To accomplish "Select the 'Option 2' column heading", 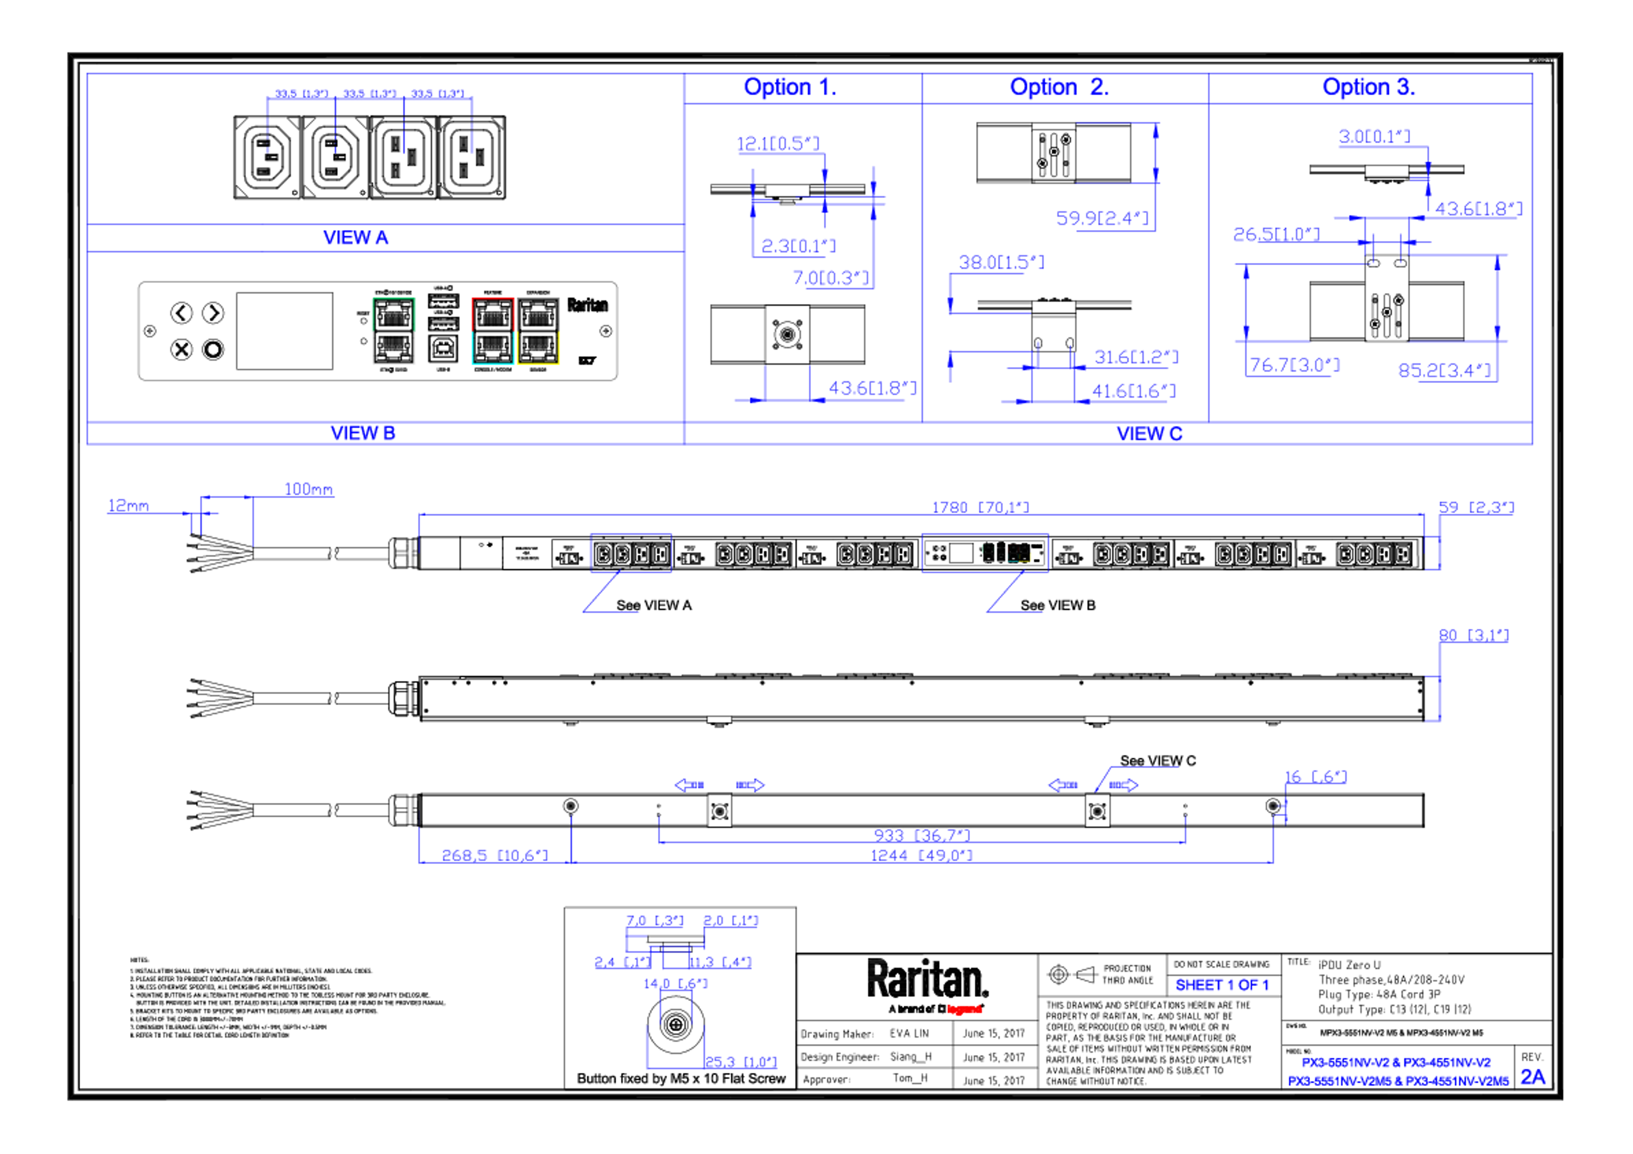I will (x=1058, y=87).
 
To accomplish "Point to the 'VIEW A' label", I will (x=356, y=238).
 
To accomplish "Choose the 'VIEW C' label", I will (x=1149, y=433).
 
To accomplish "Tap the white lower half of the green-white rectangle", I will (x=393, y=349).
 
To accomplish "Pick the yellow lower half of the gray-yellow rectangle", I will (x=538, y=349).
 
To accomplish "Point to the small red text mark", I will (x=964, y=1009).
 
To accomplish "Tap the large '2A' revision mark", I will (x=1533, y=1077).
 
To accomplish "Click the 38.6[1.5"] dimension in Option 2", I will (x=1001, y=262).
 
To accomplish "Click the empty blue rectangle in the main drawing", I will (x=631, y=552).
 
